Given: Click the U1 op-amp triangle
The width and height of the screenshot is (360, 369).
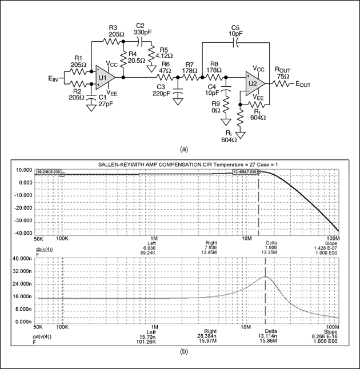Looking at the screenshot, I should tap(105, 77).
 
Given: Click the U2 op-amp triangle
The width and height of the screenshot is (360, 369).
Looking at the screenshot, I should tap(253, 83).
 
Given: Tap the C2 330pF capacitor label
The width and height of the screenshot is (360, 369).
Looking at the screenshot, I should tap(141, 30).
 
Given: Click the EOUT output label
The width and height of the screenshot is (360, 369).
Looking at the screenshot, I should tap(303, 83).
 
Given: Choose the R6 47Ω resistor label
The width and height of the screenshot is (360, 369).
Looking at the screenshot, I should tap(166, 67).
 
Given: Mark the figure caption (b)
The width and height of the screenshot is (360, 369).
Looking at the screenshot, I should tap(183, 352).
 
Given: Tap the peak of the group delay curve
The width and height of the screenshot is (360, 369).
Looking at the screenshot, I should tap(266, 277).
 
